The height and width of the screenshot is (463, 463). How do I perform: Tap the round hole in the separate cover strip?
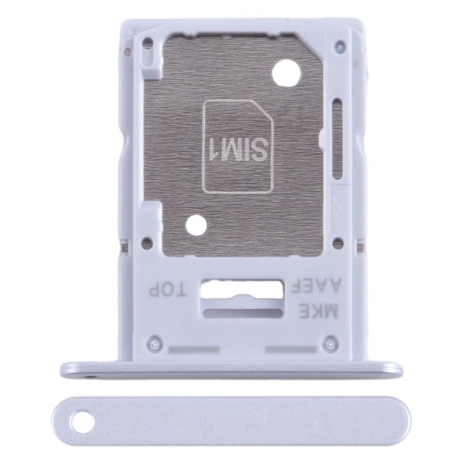(x=78, y=423)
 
